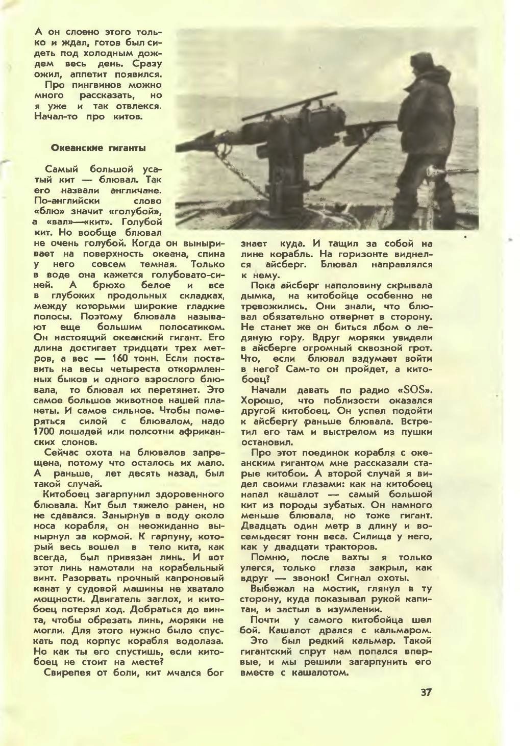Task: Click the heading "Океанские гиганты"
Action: coord(98,148)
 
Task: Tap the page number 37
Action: coord(426,693)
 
